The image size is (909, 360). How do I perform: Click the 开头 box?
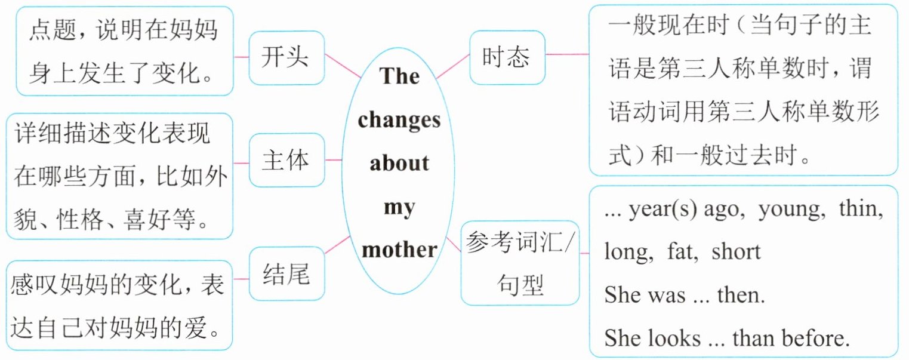point(285,57)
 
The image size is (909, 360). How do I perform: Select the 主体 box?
point(285,161)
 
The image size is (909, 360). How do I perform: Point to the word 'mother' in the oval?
point(399,249)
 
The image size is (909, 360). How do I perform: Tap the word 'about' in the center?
point(399,163)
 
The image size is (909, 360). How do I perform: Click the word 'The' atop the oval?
point(399,76)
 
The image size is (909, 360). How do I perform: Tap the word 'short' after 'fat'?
point(735,252)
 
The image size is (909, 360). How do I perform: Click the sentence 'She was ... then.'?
point(684,294)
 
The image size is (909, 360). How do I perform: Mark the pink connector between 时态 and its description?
point(567,54)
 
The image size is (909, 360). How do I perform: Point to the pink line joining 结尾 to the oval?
point(338,245)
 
